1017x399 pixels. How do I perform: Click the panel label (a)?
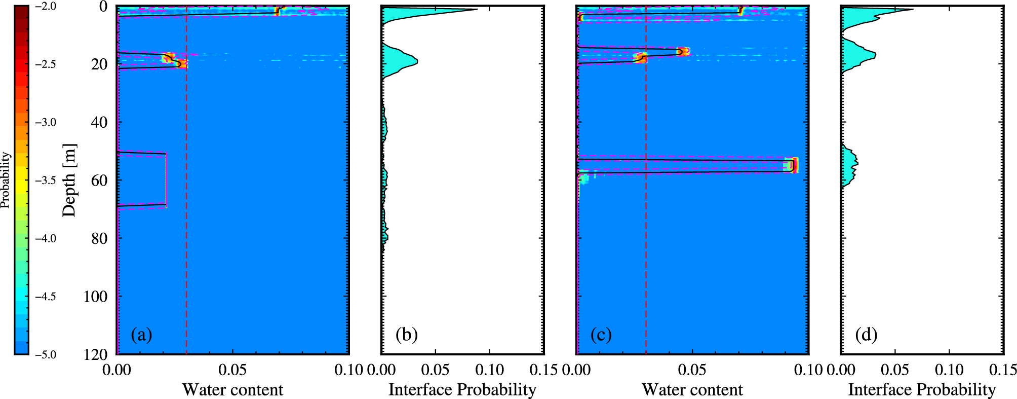coord(141,335)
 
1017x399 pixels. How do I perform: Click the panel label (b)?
coord(406,335)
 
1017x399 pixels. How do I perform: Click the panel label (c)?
coord(601,335)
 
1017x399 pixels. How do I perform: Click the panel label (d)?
coord(866,335)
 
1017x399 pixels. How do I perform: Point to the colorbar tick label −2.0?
coord(46,7)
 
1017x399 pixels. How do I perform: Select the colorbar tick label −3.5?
coord(46,180)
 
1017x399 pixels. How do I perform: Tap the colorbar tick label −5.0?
coord(46,354)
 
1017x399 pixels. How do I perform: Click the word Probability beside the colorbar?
coord(6,180)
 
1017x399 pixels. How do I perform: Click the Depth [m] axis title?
coord(69,180)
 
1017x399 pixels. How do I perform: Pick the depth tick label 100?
coord(95,296)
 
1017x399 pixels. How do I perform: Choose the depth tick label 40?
coord(100,122)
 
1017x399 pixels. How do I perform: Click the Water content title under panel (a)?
coord(232,389)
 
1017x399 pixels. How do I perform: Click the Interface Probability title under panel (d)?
coord(922,389)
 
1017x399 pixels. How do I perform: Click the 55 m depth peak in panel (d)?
coord(856,163)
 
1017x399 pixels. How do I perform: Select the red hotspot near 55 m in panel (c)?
coord(794,165)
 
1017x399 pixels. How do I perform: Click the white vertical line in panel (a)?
coord(166,180)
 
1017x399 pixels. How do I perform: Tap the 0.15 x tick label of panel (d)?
coord(1003,370)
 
